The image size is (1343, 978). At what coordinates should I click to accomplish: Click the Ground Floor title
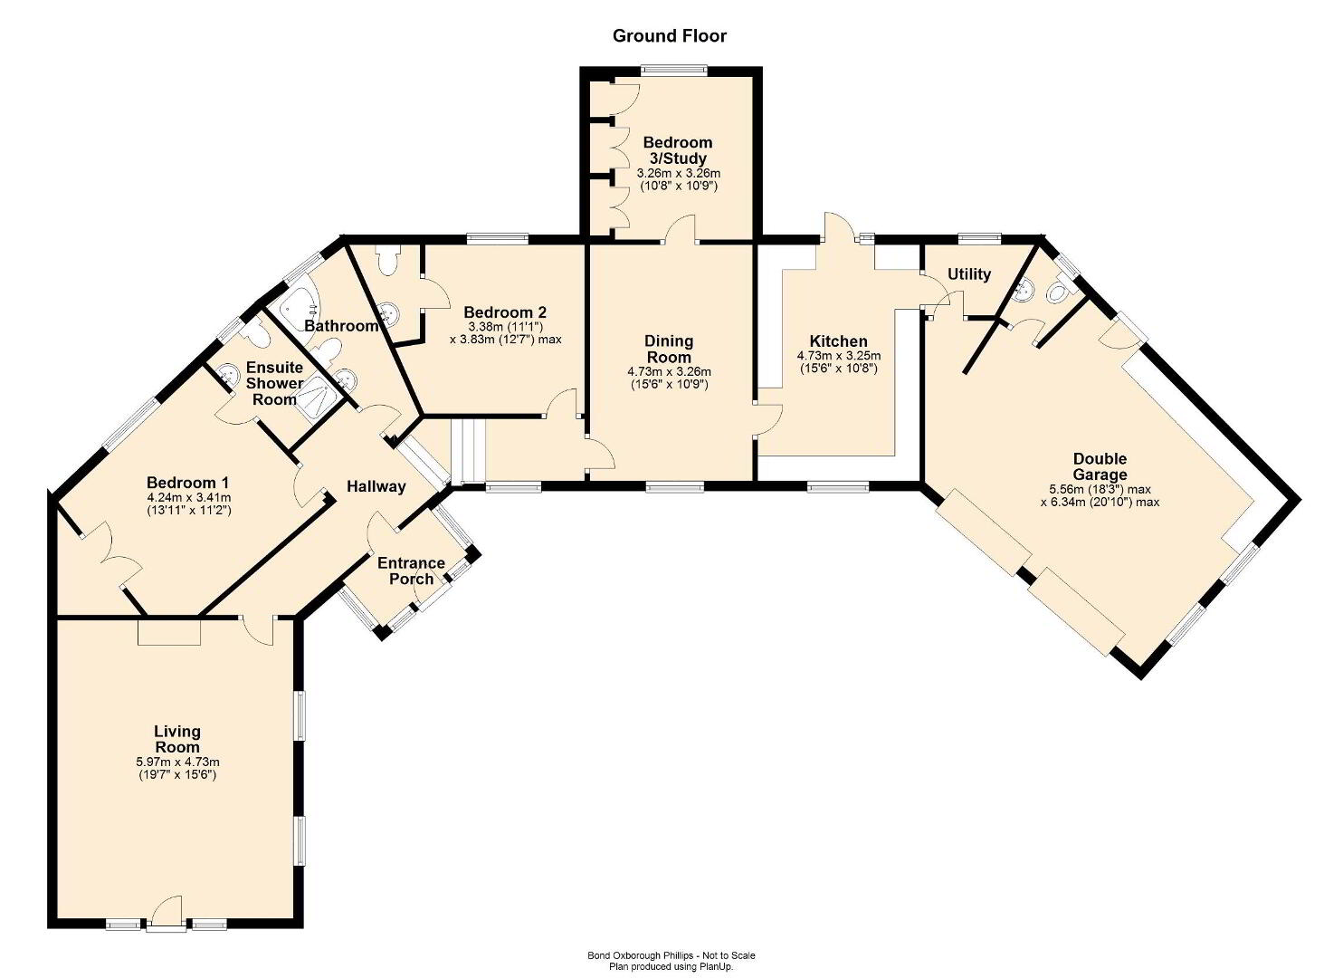[x=669, y=36]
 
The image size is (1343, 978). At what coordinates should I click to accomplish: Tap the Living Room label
[x=177, y=739]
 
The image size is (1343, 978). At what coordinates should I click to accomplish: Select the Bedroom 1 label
[x=187, y=483]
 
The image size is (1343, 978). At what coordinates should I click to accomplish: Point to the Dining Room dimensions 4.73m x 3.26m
[x=669, y=372]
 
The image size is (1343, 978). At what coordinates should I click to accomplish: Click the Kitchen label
[x=838, y=341]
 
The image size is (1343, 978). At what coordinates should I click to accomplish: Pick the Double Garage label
[x=1100, y=466]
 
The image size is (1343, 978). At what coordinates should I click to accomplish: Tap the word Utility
[x=969, y=274]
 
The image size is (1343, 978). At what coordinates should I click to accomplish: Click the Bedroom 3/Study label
[x=678, y=150]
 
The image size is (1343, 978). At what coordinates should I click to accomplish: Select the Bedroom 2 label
[x=505, y=312]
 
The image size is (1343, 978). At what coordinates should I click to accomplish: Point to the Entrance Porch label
[x=411, y=570]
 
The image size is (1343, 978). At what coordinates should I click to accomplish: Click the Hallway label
[x=376, y=486]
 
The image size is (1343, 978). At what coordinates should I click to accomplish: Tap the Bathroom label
[x=341, y=326]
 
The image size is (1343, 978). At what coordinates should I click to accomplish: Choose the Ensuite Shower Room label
[x=274, y=383]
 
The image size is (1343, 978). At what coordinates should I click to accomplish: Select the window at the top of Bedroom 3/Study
[x=673, y=71]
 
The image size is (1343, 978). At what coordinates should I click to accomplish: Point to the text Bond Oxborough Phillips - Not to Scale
[x=671, y=955]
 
